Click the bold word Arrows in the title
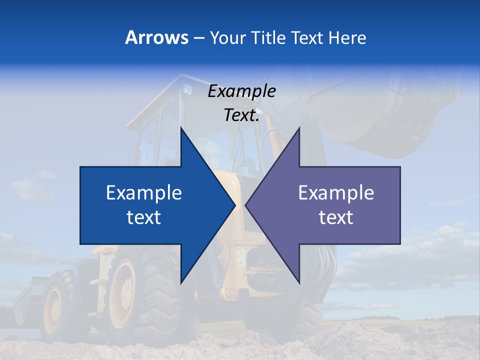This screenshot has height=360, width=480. click(x=157, y=37)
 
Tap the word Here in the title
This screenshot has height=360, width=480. click(x=347, y=38)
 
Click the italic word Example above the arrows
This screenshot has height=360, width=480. click(x=242, y=91)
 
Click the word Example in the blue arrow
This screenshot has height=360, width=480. click(x=144, y=193)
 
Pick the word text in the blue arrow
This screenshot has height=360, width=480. click(x=144, y=217)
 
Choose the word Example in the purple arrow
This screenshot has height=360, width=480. click(x=336, y=193)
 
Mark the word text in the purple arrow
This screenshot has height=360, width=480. click(x=336, y=217)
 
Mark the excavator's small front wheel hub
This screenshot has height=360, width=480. click(x=52, y=310)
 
